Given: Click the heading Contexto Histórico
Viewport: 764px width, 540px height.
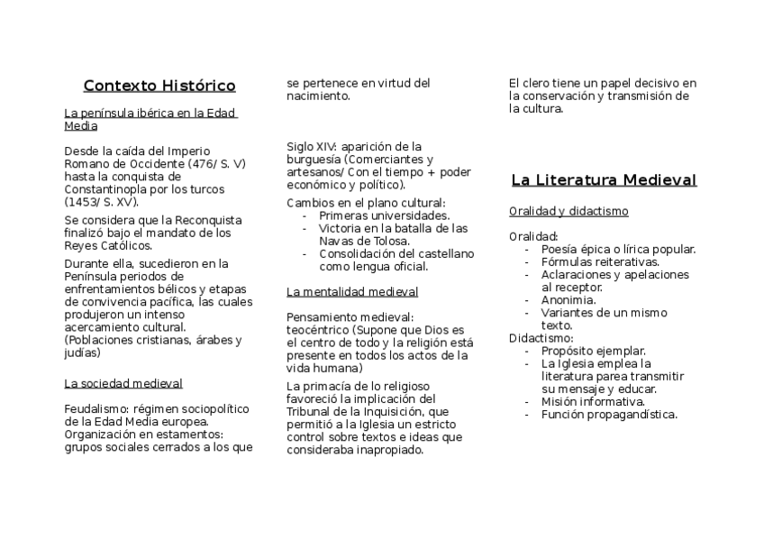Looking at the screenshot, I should tap(159, 86).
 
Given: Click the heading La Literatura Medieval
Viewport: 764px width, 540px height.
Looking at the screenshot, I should tap(604, 179).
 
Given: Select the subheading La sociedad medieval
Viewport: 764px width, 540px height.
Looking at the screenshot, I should tap(123, 383).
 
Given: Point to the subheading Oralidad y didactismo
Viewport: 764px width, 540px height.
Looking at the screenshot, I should tap(568, 211).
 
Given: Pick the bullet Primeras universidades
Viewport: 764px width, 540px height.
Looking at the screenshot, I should tap(384, 215).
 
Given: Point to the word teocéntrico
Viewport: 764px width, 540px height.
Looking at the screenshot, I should tap(320, 329).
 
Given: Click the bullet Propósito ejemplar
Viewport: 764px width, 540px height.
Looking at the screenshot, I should tap(594, 351).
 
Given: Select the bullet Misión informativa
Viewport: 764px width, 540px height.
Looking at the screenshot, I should tap(593, 401).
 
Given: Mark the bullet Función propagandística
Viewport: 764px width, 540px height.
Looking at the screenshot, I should tap(609, 414).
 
